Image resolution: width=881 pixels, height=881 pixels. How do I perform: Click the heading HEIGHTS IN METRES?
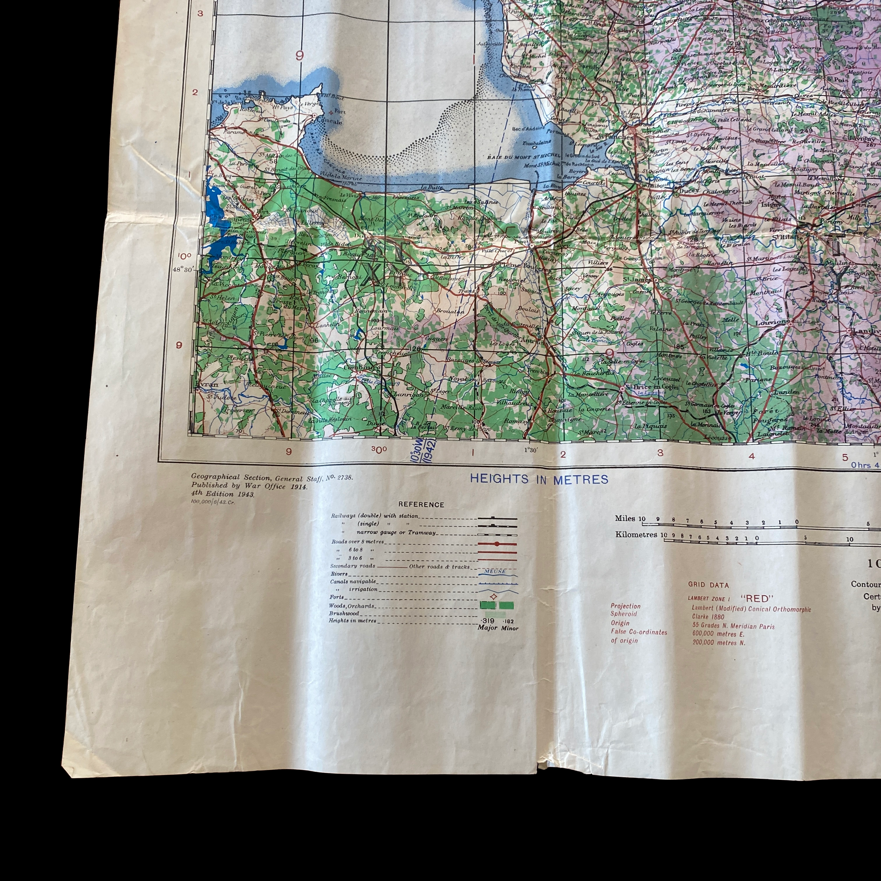(539, 479)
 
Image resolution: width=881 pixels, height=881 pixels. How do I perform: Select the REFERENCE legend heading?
(421, 504)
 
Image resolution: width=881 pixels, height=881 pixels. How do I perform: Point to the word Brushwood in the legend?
(344, 613)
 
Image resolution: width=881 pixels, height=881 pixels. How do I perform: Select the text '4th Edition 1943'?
(223, 494)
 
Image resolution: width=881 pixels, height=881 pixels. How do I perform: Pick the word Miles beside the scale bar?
(625, 518)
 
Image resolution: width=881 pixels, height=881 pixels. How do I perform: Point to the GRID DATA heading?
(709, 585)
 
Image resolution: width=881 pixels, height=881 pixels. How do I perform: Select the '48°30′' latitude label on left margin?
(184, 269)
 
